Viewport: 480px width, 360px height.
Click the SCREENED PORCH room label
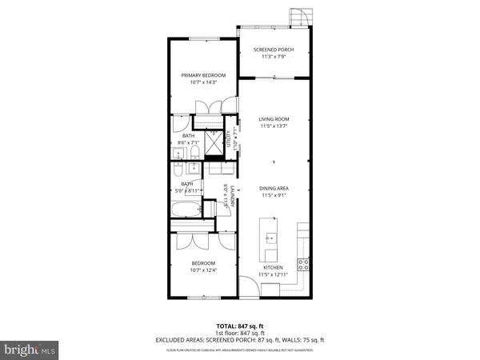pos(274,50)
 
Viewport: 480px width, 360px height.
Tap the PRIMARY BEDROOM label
pos(203,75)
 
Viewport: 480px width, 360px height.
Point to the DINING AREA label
pos(274,188)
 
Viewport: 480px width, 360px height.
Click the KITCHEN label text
pos(274,267)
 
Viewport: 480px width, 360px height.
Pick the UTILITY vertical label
pos(228,141)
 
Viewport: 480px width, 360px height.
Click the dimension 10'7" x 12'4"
pos(203,270)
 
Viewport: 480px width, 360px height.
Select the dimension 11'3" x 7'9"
pos(274,57)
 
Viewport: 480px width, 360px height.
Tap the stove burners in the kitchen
pos(303,263)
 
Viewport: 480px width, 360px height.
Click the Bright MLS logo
pos(30,349)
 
